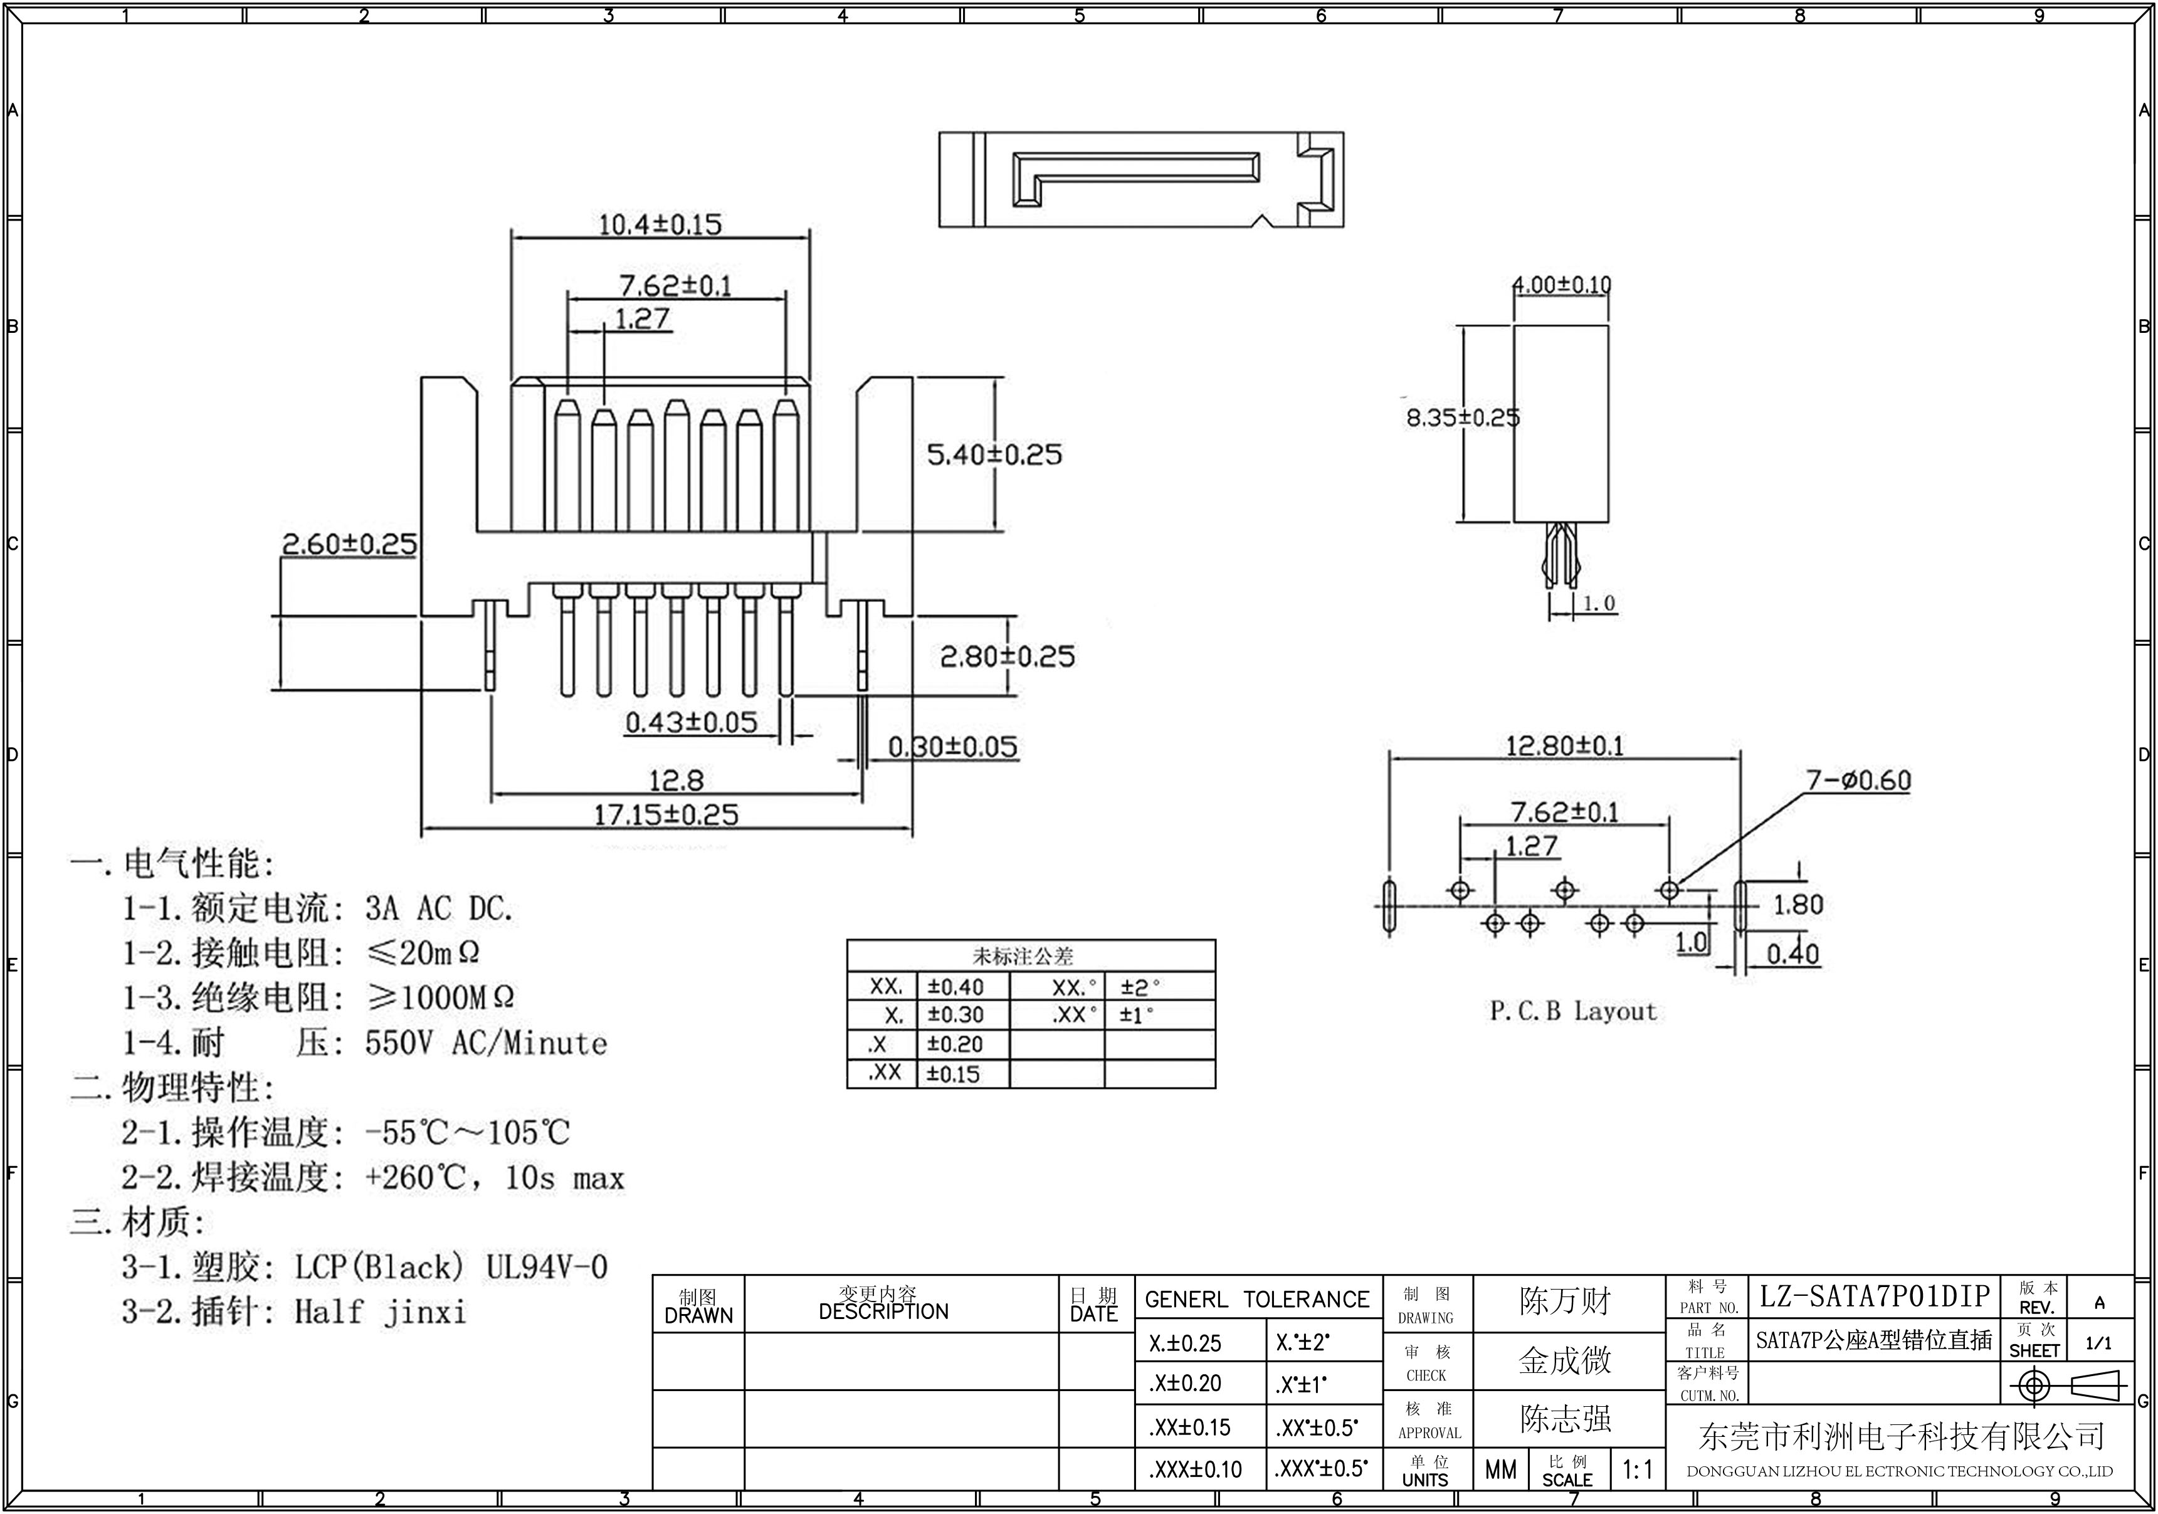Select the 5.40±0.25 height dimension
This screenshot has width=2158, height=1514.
click(994, 455)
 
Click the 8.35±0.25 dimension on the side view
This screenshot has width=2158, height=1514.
click(1461, 418)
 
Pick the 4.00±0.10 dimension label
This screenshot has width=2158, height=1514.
click(1561, 284)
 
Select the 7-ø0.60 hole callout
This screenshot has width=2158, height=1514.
click(1858, 780)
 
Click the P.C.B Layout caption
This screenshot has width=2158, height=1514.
click(1572, 1011)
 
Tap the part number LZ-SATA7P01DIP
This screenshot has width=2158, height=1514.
click(1874, 1297)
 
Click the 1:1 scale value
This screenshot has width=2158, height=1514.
click(1637, 1469)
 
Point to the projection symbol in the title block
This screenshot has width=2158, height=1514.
click(2066, 1385)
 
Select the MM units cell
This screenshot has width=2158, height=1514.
click(1500, 1469)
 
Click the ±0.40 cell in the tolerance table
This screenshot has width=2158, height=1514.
click(955, 987)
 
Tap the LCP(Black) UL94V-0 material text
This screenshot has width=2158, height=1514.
click(451, 1267)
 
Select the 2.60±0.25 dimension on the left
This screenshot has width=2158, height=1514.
click(349, 544)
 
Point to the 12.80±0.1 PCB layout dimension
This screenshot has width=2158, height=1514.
click(1564, 746)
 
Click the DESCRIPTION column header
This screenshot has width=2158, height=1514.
click(883, 1311)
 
